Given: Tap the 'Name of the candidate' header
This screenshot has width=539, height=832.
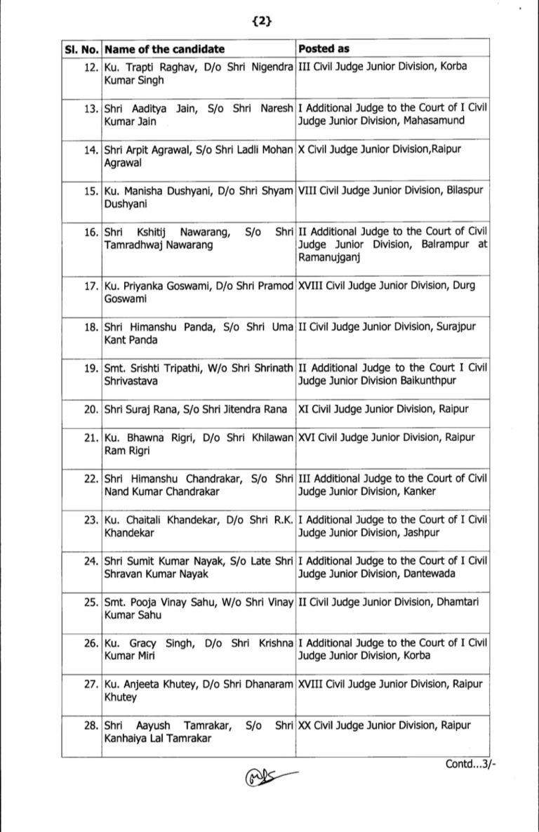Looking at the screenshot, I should (x=164, y=49).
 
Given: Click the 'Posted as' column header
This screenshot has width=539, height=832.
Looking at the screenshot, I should (x=324, y=49).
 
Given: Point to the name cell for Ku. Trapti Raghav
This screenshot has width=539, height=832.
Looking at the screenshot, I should (x=198, y=73).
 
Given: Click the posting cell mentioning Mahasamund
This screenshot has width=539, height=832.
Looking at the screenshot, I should (x=392, y=114).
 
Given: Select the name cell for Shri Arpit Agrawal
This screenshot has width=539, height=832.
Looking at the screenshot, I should (x=198, y=154).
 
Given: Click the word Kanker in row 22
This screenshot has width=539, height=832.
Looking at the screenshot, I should (x=419, y=491).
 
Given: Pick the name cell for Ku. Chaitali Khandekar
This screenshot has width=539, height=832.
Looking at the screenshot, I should (x=198, y=525).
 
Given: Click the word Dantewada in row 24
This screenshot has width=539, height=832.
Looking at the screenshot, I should (x=429, y=573).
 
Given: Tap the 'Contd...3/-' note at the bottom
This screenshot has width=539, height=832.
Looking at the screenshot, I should (x=470, y=764).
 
